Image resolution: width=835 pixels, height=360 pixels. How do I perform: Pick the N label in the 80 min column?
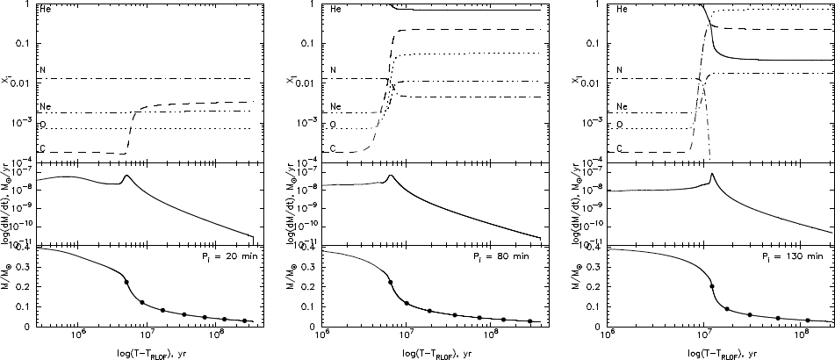pos(334,70)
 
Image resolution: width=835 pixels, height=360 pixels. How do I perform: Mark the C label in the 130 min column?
pos(620,148)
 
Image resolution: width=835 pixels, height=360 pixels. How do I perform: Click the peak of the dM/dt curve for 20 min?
pos(127,176)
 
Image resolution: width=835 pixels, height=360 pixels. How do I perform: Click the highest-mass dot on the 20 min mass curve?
pos(126,282)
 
